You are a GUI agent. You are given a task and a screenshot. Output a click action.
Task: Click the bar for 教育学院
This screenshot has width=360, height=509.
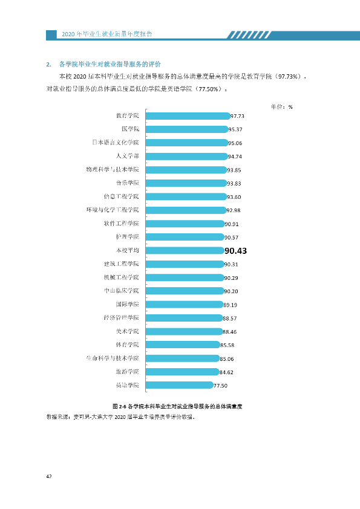(x=188, y=116)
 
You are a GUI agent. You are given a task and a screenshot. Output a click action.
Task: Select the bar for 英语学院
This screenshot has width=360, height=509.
(x=180, y=385)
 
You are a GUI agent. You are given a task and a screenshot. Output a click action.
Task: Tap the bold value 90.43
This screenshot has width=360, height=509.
(x=235, y=251)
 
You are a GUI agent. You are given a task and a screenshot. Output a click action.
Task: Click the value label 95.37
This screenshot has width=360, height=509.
(x=235, y=129)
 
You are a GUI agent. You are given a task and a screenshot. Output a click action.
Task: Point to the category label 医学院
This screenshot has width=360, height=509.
(x=130, y=129)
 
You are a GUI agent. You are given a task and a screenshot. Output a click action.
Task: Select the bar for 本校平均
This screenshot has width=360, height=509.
(x=185, y=251)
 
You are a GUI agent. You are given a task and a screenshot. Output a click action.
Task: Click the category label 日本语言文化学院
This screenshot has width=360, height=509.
(x=116, y=143)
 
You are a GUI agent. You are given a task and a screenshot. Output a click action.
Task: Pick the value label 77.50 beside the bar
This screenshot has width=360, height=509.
(x=220, y=386)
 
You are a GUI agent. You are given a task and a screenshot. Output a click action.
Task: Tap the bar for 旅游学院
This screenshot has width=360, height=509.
(x=183, y=372)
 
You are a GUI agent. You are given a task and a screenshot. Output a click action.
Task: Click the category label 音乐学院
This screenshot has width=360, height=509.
(x=128, y=183)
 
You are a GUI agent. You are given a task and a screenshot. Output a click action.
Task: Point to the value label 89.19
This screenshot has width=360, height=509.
(x=231, y=305)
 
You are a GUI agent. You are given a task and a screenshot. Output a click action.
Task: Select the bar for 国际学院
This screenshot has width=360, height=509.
(x=185, y=305)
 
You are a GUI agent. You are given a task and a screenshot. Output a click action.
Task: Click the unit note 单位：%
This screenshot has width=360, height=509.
(x=282, y=107)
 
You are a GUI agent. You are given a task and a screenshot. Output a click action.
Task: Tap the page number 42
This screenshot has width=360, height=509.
(x=49, y=476)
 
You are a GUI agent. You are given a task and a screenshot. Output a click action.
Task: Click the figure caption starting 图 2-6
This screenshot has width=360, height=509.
(x=177, y=406)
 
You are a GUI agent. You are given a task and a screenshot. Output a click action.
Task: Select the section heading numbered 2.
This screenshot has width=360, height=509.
(x=103, y=64)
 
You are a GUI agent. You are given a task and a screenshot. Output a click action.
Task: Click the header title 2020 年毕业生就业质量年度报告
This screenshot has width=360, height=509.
(x=107, y=34)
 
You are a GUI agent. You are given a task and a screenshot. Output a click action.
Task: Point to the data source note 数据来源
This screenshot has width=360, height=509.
(x=121, y=417)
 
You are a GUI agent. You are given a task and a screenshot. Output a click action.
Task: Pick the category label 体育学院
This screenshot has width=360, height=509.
(x=128, y=345)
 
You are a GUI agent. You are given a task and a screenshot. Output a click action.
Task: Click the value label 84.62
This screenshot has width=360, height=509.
(x=226, y=372)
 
